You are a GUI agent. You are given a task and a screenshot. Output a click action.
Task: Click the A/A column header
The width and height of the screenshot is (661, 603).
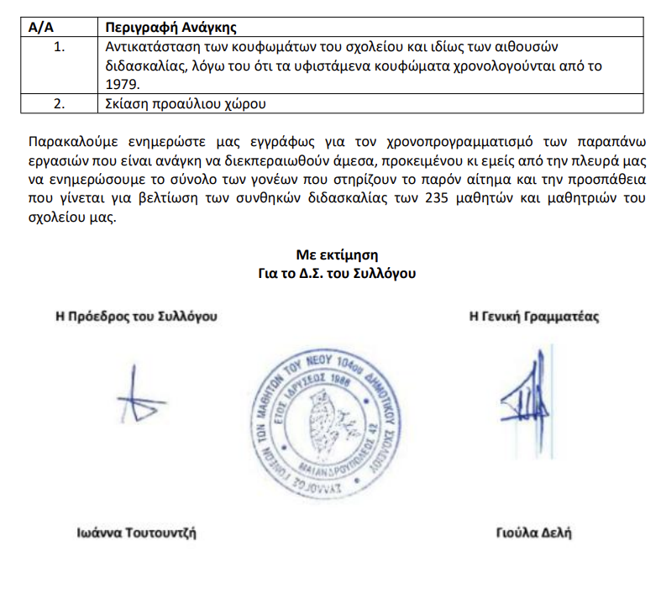click(x=40, y=28)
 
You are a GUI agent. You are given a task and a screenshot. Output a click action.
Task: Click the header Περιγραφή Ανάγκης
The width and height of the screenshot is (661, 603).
click(x=162, y=28)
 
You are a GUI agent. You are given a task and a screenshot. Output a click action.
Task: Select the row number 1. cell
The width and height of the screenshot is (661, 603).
click(x=59, y=47)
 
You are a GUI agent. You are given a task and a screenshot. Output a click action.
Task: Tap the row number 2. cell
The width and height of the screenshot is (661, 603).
click(x=59, y=104)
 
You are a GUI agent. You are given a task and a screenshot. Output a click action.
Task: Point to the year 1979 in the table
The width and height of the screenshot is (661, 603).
click(x=123, y=84)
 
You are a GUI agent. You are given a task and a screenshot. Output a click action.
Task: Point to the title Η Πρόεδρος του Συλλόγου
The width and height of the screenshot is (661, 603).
click(x=136, y=317)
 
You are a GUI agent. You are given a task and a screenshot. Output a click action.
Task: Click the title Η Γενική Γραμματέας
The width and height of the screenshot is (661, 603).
click(x=534, y=317)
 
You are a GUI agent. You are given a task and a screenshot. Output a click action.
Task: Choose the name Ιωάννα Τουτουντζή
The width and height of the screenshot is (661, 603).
click(x=137, y=532)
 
